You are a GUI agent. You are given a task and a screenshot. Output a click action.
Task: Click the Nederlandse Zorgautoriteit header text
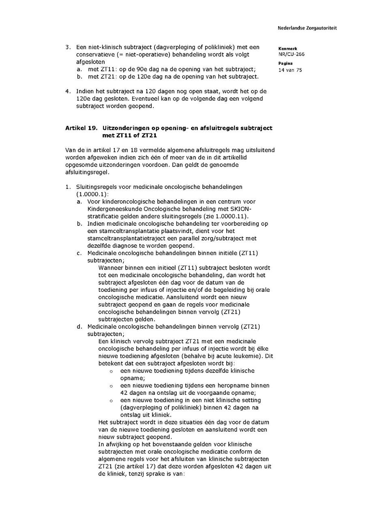tap(307, 28)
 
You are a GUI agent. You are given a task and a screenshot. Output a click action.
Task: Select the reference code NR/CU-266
tap(291, 54)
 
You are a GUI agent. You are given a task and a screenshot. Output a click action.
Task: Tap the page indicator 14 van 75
tap(290, 70)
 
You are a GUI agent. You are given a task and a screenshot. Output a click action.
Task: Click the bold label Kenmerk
tap(288, 49)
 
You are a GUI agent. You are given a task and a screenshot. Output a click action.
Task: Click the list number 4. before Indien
tap(67, 91)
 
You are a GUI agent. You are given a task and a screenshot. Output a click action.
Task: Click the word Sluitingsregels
tap(96, 187)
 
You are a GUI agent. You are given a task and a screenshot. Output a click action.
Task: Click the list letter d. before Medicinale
tap(79, 326)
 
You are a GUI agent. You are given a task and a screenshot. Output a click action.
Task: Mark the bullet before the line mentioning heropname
tap(111, 385)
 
